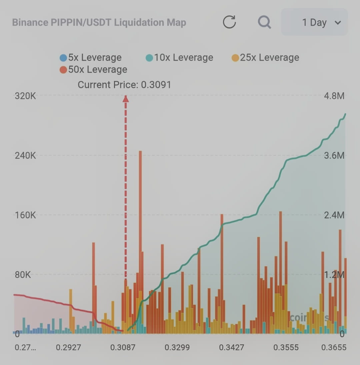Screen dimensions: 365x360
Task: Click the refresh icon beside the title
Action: (x=229, y=22)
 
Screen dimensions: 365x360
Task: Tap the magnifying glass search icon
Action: (x=264, y=22)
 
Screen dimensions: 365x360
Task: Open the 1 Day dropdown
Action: (x=314, y=22)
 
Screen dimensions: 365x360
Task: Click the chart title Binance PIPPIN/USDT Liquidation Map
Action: (x=99, y=23)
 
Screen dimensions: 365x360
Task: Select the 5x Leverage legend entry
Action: (x=91, y=58)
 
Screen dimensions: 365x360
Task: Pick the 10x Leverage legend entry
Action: (x=179, y=58)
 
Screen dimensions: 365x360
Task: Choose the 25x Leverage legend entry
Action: (x=265, y=58)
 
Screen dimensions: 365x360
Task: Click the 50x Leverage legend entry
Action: (x=93, y=70)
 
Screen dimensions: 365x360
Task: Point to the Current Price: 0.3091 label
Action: (x=124, y=85)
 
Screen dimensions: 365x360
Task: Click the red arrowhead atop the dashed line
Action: (x=126, y=99)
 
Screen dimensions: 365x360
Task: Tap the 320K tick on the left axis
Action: (x=25, y=96)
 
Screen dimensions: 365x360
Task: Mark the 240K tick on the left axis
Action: (x=25, y=156)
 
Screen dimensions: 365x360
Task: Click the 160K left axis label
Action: (x=25, y=215)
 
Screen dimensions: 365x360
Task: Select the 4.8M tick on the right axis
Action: (x=334, y=96)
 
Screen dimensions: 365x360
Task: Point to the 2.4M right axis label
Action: (x=334, y=215)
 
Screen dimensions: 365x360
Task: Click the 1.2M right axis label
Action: (x=334, y=275)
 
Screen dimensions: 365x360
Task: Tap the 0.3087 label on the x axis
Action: (x=123, y=348)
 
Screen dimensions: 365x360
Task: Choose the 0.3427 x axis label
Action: (x=231, y=348)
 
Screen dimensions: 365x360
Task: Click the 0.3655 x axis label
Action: (x=334, y=348)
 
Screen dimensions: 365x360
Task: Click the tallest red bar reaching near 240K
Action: (x=140, y=200)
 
